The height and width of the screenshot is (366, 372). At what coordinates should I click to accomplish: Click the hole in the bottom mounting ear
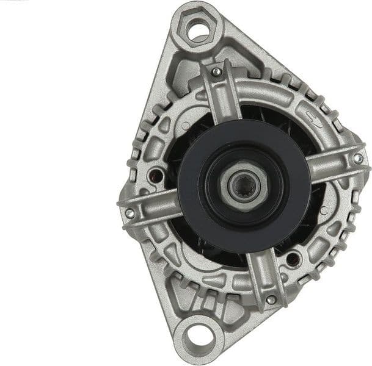tap(197, 335)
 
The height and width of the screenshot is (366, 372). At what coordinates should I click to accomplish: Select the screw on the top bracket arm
tap(216, 72)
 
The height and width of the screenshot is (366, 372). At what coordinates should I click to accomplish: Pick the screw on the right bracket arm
tap(358, 159)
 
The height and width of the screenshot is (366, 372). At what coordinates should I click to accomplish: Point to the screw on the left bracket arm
tap(129, 213)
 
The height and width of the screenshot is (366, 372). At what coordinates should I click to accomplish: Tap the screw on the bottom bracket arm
tap(270, 300)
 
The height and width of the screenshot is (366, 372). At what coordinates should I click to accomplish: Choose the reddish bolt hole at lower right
tap(293, 259)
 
